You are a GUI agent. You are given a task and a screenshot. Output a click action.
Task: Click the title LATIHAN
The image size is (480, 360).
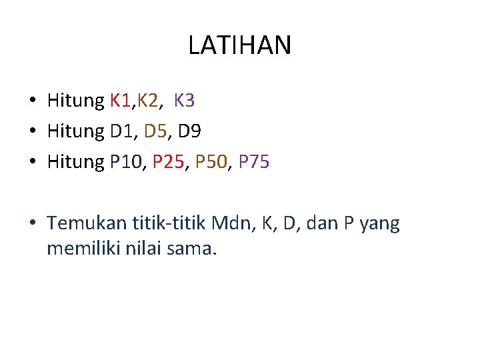coord(239,45)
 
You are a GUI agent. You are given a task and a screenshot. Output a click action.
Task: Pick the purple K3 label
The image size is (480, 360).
coord(184,101)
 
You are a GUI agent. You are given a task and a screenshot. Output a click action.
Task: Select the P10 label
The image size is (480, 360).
coord(127,161)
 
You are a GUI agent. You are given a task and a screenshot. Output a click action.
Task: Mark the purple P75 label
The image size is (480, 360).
coord(253,161)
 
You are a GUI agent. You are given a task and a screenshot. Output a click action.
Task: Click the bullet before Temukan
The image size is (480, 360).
coord(33,225)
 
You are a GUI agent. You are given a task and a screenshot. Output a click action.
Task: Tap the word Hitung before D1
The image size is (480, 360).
coord(76,131)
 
